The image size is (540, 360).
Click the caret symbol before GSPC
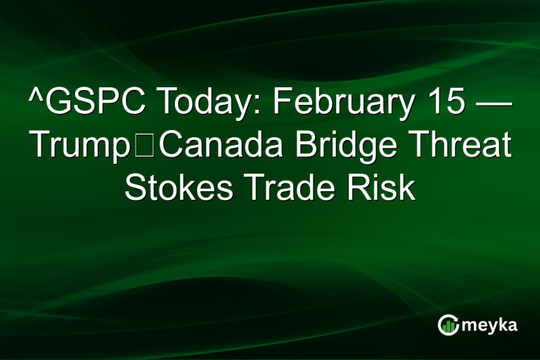tap(33, 98)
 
